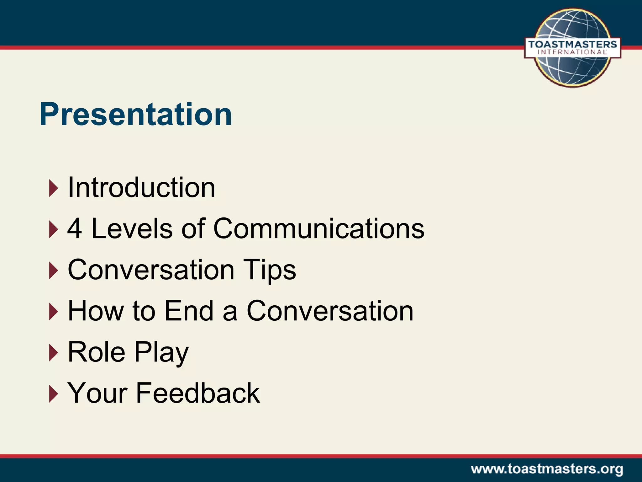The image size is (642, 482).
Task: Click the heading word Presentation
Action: tap(135, 115)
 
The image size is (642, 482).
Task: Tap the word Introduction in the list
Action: tap(141, 188)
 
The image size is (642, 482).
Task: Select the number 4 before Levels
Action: tap(75, 229)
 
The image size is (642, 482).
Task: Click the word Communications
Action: tap(319, 229)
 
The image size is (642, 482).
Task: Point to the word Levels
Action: tap(132, 229)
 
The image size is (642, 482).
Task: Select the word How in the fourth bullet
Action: tap(96, 311)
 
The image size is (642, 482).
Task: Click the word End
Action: tap(189, 311)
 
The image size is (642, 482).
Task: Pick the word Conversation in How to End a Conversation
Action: tap(330, 311)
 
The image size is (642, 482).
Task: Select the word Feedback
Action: tap(197, 393)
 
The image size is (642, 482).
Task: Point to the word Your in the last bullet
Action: tap(97, 393)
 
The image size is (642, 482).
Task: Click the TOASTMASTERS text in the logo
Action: tap(572, 45)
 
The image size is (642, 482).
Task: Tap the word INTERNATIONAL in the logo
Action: tap(572, 52)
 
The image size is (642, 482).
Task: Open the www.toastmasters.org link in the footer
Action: tap(547, 469)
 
